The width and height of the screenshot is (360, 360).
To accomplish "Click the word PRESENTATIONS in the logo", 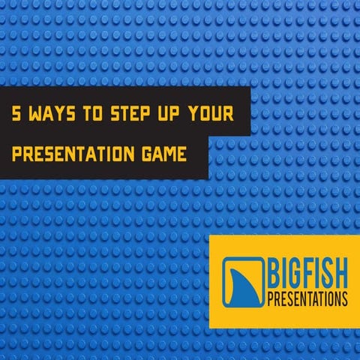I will (307, 299).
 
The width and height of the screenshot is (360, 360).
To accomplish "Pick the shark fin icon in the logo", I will (243, 282).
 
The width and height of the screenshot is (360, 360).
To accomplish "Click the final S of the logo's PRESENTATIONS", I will (344, 299).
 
